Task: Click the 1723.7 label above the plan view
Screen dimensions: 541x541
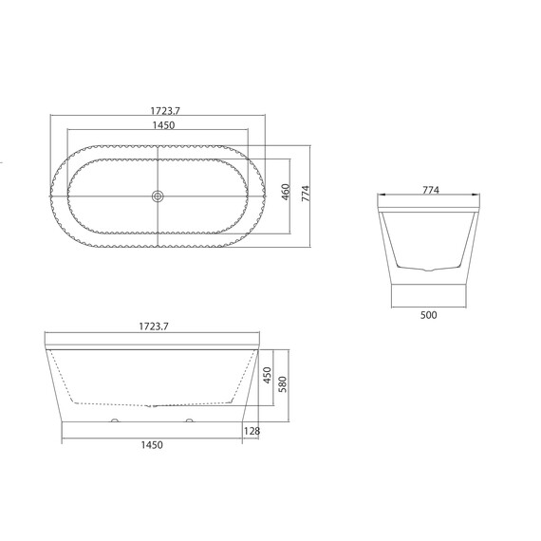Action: (x=165, y=111)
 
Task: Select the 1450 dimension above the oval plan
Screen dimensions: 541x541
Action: (x=164, y=125)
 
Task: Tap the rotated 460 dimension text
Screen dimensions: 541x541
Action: (x=286, y=192)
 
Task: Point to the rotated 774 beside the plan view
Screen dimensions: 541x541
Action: (x=306, y=194)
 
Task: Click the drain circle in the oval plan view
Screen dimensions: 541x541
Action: (x=158, y=196)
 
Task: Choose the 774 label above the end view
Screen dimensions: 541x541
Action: (x=431, y=190)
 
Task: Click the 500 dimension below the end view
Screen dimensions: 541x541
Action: (x=428, y=315)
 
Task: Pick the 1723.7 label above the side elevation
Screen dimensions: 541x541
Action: (x=154, y=326)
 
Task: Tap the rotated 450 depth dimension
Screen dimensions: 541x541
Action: (x=268, y=376)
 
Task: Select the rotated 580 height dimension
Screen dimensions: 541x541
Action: (x=283, y=384)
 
